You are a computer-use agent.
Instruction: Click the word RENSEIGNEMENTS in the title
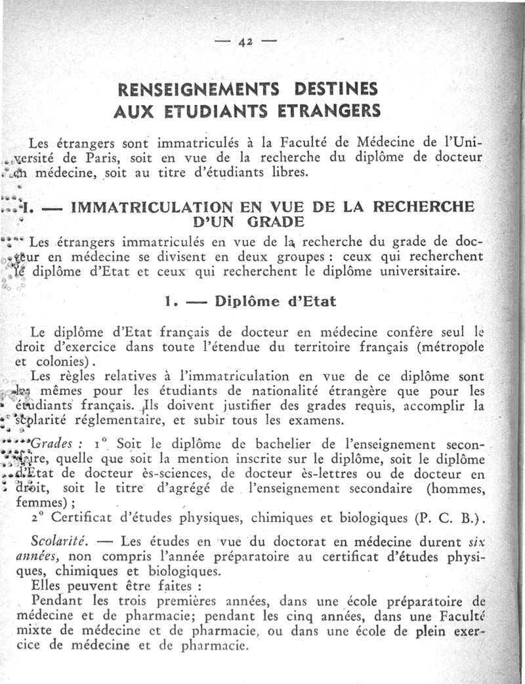[x=185, y=89]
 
